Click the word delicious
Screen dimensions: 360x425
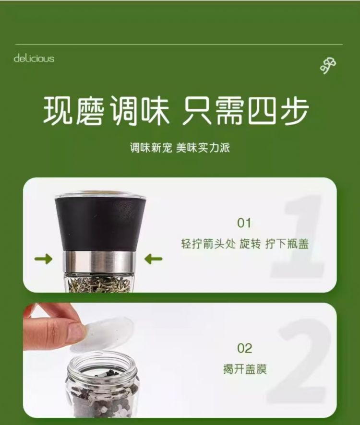34,58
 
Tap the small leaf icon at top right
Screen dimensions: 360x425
328,66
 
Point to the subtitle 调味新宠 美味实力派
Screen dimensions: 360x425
180,148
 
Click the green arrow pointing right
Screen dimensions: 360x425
43,259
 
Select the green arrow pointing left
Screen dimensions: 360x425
153,259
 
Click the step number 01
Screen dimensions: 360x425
244,223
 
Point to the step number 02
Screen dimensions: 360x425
244,348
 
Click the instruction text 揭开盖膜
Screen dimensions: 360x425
245,369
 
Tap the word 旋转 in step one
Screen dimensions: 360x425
250,244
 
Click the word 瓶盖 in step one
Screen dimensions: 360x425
298,244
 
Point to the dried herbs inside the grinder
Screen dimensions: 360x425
99,283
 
